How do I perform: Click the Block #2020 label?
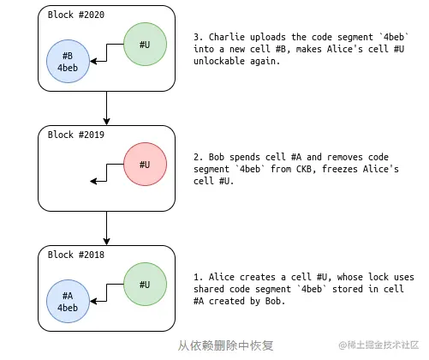click(x=76, y=15)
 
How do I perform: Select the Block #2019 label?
click(x=76, y=135)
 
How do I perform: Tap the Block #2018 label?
click(x=76, y=255)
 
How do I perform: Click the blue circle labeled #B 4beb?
click(x=68, y=62)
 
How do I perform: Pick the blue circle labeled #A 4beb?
click(x=68, y=302)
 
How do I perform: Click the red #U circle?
click(x=145, y=165)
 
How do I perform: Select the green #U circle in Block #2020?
click(x=145, y=45)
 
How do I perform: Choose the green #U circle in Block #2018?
click(x=145, y=285)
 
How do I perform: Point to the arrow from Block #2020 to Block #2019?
click(x=106, y=108)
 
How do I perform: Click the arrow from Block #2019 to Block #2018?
click(x=106, y=228)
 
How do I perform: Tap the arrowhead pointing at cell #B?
click(x=93, y=61)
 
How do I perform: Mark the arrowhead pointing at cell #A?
click(x=93, y=301)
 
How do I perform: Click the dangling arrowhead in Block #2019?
click(x=93, y=181)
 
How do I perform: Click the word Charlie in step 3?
click(x=227, y=37)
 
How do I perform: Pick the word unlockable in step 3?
click(x=219, y=61)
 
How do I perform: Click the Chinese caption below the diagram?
click(x=225, y=345)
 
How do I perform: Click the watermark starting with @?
click(x=378, y=345)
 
